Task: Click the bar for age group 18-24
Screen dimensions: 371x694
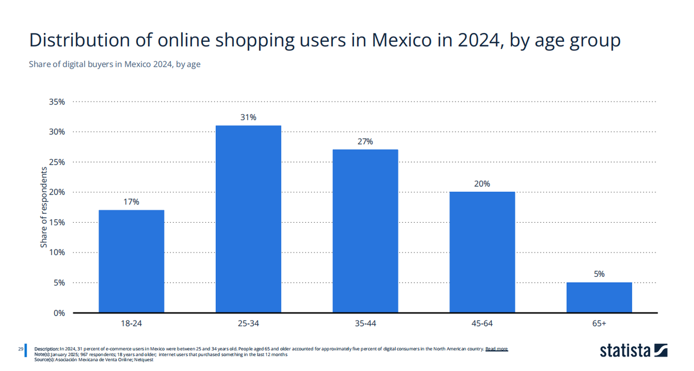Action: pos(131,261)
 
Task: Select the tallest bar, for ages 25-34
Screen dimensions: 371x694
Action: pos(248,219)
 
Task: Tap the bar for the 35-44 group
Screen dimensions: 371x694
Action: pos(365,231)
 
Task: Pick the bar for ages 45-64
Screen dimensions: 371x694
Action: pos(482,252)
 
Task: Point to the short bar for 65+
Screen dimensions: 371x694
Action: pos(599,297)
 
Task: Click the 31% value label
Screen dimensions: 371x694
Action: pos(248,118)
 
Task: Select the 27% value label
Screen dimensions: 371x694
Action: pos(365,141)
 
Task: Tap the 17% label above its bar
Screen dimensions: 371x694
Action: pos(131,202)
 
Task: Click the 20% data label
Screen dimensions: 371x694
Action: pos(482,184)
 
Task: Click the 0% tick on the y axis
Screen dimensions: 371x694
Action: pos(59,313)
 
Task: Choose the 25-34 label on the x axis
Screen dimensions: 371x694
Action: pos(248,324)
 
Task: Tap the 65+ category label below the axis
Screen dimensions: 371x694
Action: pos(599,324)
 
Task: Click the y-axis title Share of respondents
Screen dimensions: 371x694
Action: pos(44,207)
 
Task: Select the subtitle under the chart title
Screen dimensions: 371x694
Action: pos(114,64)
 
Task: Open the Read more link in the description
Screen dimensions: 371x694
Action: pos(496,349)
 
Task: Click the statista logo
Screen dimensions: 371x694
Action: pos(633,351)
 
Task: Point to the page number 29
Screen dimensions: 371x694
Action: pos(20,349)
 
